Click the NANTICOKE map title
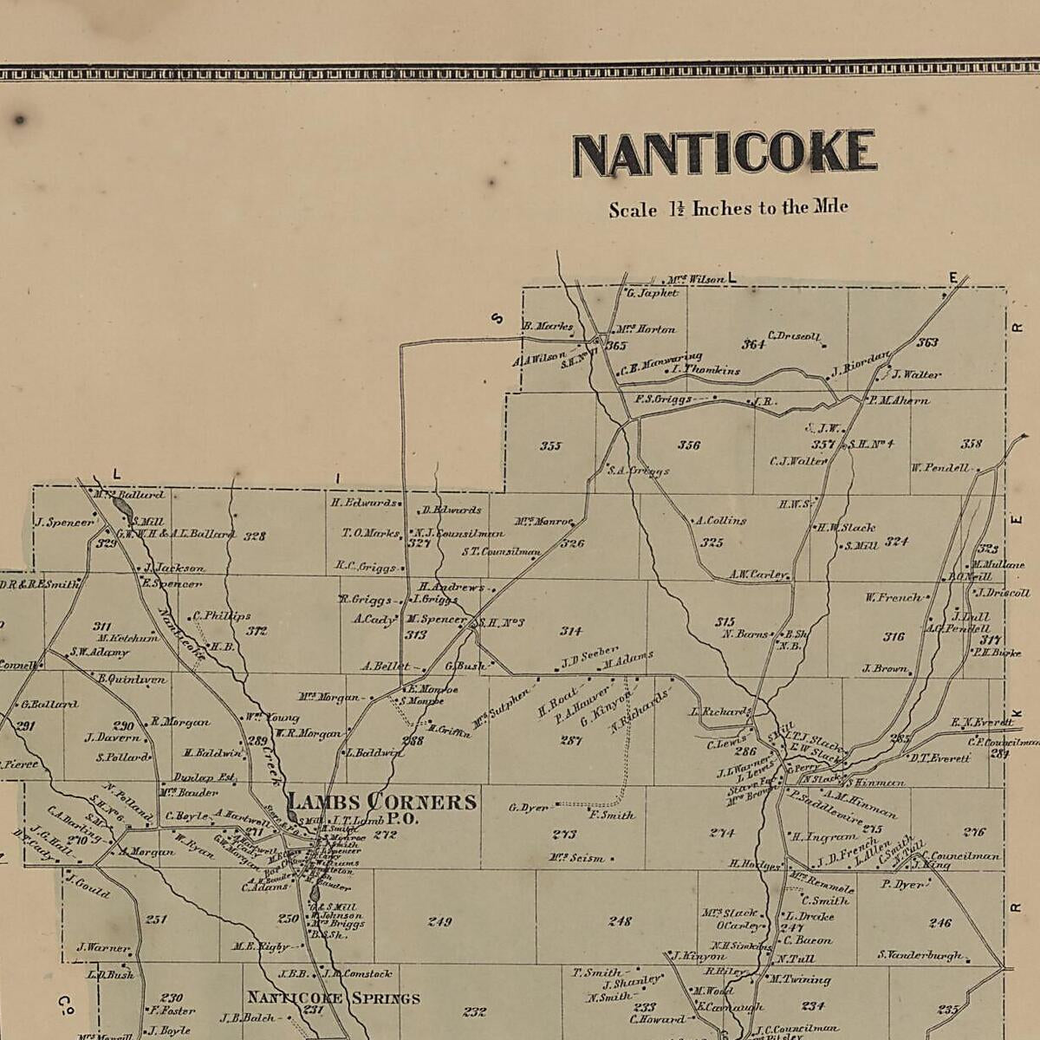(x=724, y=153)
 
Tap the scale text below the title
(x=728, y=209)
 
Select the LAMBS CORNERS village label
(x=381, y=802)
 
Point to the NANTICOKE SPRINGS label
(x=334, y=998)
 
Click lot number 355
(x=550, y=446)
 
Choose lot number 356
(x=689, y=445)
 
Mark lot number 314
(x=571, y=631)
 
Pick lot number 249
(x=439, y=921)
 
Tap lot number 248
(x=620, y=921)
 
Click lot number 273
(x=564, y=835)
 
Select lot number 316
(x=894, y=637)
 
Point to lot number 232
(x=474, y=1011)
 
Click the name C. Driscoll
(x=793, y=336)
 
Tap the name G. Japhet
(x=652, y=293)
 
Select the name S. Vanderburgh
(x=920, y=955)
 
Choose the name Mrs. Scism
(x=575, y=858)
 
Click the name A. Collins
(x=720, y=521)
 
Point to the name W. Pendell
(x=940, y=468)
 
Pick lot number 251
(x=156, y=920)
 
